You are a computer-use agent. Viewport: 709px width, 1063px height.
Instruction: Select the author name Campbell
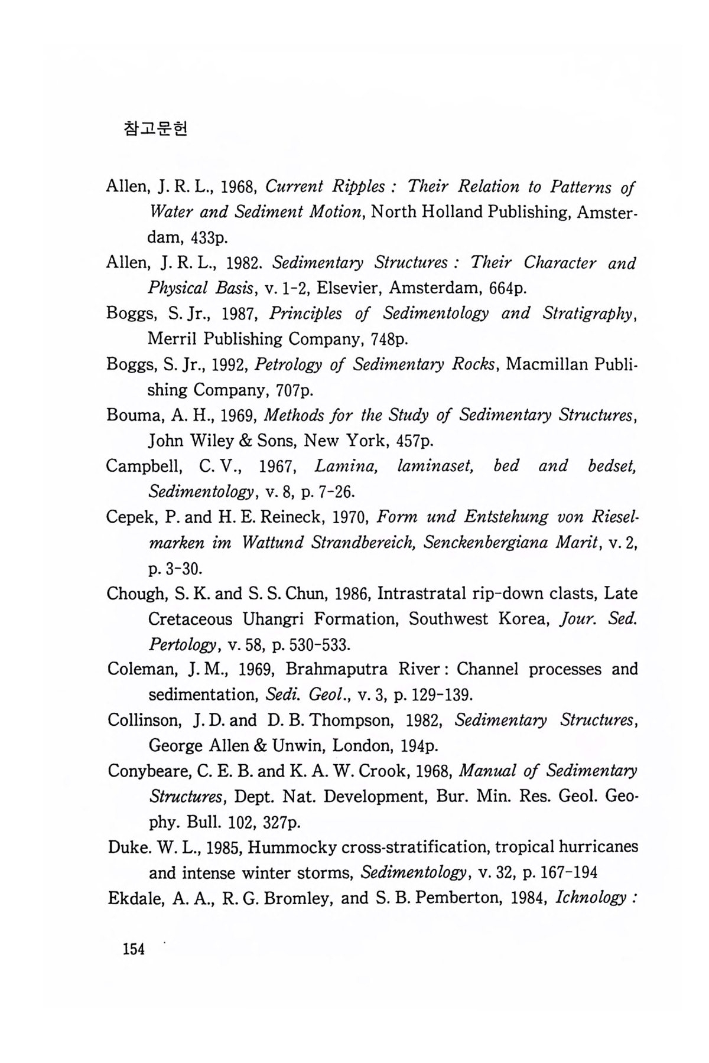tap(142, 467)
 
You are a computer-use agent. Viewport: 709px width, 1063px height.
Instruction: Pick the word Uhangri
tap(272, 619)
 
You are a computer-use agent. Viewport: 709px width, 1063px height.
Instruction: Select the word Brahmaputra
tap(337, 670)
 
